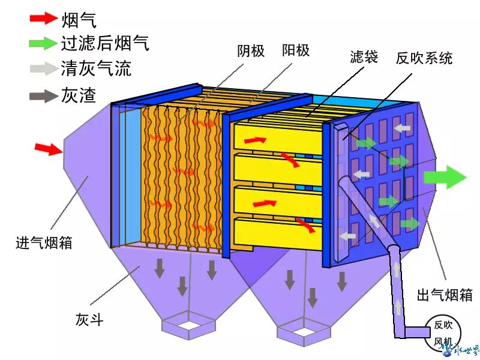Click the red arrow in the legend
[x=44, y=19]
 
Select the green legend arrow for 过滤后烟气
[x=44, y=43]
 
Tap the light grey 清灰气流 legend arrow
[x=44, y=68]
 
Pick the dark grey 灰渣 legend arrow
[x=44, y=95]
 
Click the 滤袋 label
[x=364, y=58]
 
